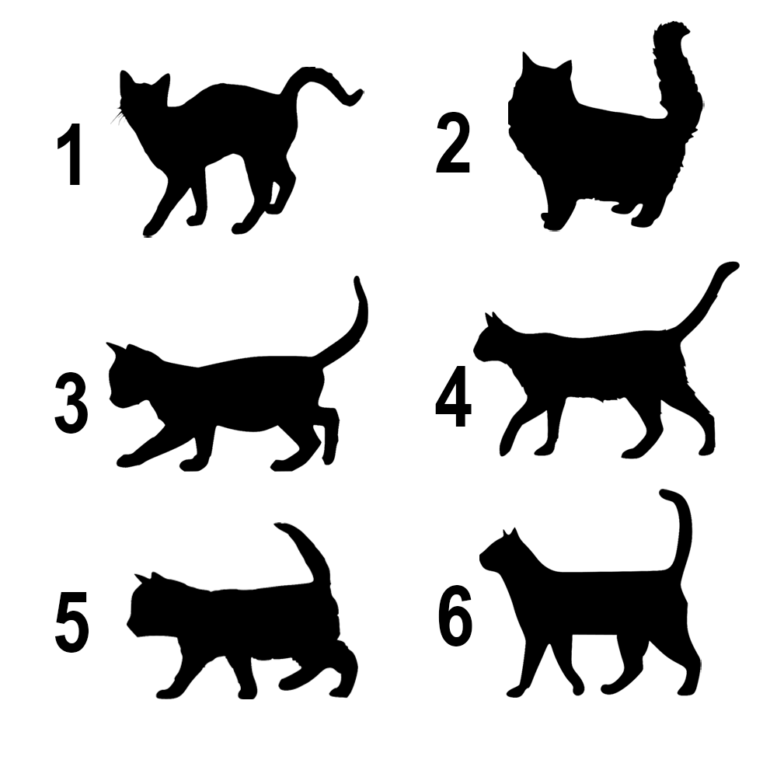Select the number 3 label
point(71,402)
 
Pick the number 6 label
point(455,619)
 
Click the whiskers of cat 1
point(119,117)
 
